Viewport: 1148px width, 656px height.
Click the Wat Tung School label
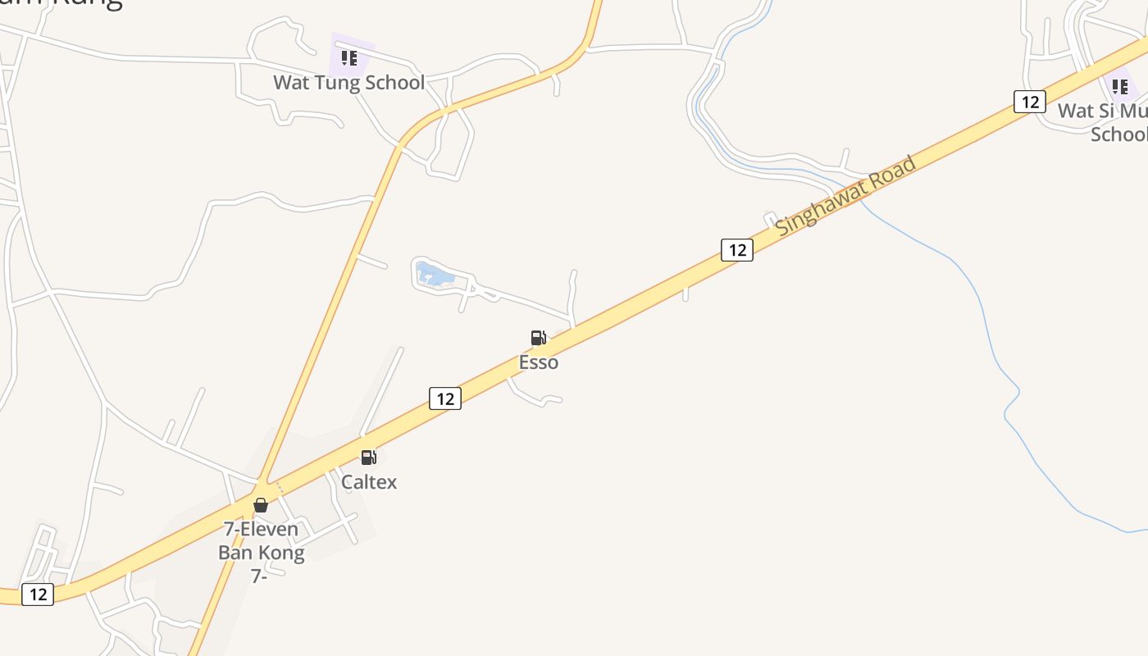(x=348, y=83)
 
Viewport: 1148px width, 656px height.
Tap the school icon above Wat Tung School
(x=349, y=58)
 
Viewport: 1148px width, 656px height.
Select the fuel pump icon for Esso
(x=538, y=338)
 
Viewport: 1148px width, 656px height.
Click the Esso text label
(x=539, y=362)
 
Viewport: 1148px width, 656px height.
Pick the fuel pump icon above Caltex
(x=369, y=458)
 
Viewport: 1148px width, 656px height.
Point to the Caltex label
(x=369, y=482)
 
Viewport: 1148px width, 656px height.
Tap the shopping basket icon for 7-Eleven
(x=261, y=505)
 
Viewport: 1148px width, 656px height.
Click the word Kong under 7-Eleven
(x=281, y=553)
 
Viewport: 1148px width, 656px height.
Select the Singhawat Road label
(x=845, y=197)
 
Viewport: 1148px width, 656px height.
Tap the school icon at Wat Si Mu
(x=1120, y=86)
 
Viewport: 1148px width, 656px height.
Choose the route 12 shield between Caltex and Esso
(x=445, y=399)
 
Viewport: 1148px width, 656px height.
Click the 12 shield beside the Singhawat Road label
(x=737, y=250)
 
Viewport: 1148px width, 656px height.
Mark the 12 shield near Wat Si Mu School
(x=1029, y=102)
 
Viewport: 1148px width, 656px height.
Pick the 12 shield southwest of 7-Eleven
(x=38, y=594)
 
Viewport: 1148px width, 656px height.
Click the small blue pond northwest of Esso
(x=435, y=276)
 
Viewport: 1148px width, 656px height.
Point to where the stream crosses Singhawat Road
(x=857, y=195)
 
